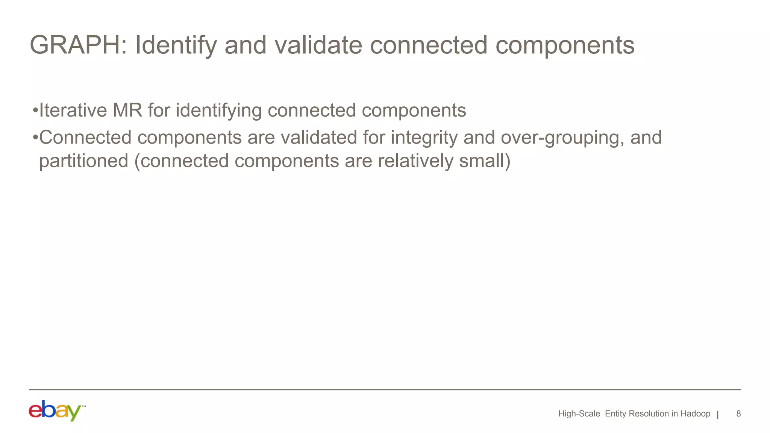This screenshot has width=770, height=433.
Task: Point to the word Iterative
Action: point(73,111)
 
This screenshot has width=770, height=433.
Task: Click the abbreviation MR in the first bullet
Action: point(127,111)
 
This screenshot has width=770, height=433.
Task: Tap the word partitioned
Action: point(84,161)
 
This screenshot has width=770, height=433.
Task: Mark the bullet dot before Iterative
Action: point(35,111)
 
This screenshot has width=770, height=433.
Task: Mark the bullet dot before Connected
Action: point(35,138)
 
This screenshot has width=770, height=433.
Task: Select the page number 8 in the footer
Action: point(738,414)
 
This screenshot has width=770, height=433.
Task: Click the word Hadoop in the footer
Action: point(695,414)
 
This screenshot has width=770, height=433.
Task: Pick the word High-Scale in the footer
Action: point(579,414)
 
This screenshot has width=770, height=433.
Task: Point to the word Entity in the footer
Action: point(615,414)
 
